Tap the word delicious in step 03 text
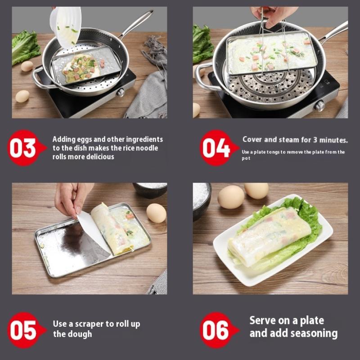pyautogui.click(x=99, y=157)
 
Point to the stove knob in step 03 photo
pyautogui.click(x=120, y=93)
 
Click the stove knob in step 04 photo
pyautogui.click(x=320, y=106)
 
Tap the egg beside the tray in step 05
pyautogui.click(x=156, y=213)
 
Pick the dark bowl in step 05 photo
pyautogui.click(x=150, y=190)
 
